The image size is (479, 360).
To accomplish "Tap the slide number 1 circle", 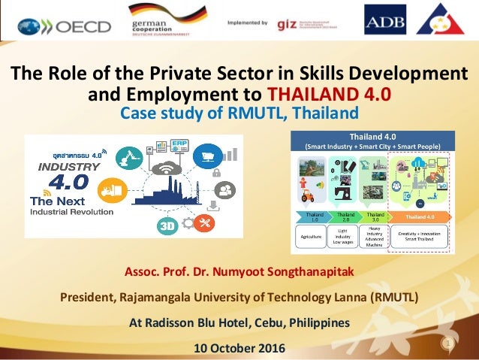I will [448, 344].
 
